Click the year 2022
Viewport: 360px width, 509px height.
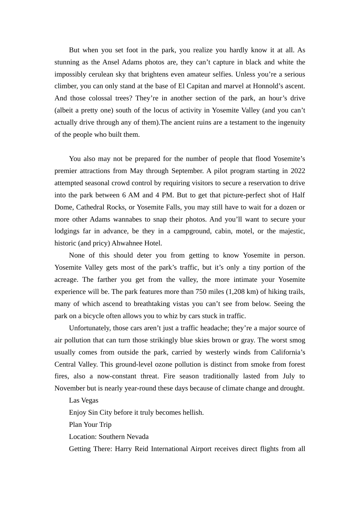point(297,171)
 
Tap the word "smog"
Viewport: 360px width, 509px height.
point(298,340)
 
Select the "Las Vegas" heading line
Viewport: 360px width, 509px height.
point(83,400)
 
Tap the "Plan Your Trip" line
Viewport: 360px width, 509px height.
point(90,425)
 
